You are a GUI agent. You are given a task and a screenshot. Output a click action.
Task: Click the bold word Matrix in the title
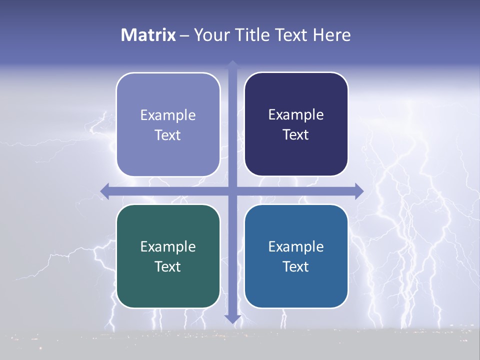pos(148,35)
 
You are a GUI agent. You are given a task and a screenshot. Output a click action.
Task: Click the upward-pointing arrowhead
pos(232,65)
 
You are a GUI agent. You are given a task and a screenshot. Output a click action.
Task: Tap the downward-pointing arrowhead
pos(232,318)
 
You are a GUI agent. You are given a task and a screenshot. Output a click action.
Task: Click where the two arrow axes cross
pos(232,191)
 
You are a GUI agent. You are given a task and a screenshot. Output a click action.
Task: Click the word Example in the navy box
pos(296,115)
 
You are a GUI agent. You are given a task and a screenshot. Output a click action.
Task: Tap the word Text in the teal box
pos(167,266)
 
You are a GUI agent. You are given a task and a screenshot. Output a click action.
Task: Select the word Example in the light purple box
pos(168,115)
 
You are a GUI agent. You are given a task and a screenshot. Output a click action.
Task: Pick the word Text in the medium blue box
pos(295,266)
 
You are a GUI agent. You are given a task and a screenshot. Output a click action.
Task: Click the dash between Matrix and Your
pos(184,35)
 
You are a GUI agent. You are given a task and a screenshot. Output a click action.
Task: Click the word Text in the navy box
pos(295,134)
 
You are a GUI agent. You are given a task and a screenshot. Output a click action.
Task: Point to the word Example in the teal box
pos(168,246)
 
